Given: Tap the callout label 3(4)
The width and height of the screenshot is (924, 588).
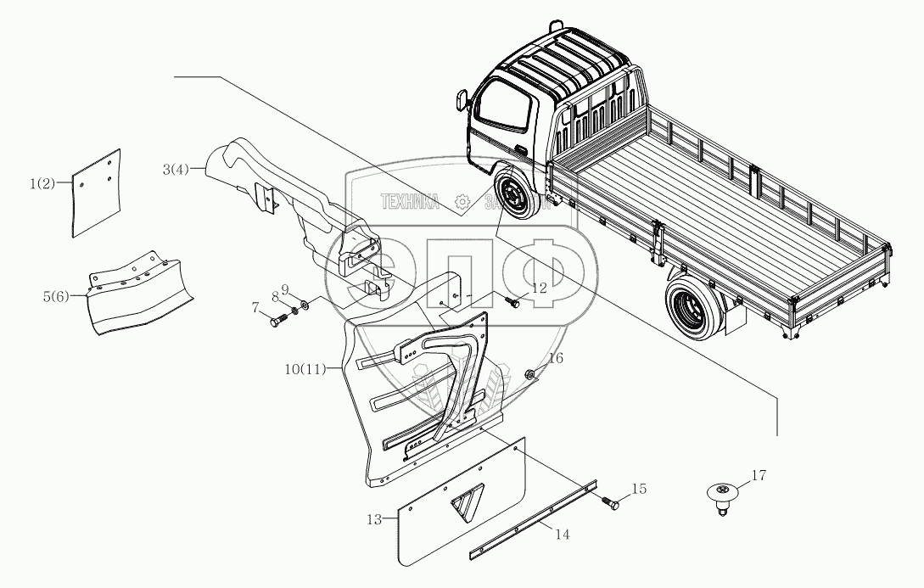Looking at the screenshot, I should point(178,171).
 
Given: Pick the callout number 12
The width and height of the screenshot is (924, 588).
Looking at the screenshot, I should point(540,289).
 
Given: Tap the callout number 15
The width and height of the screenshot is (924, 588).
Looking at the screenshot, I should point(639,489).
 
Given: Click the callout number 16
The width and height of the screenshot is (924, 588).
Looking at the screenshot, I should point(554,359).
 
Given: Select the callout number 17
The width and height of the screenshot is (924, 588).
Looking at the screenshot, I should point(759,476).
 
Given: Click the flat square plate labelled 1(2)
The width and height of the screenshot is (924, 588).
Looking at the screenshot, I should point(96,192).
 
